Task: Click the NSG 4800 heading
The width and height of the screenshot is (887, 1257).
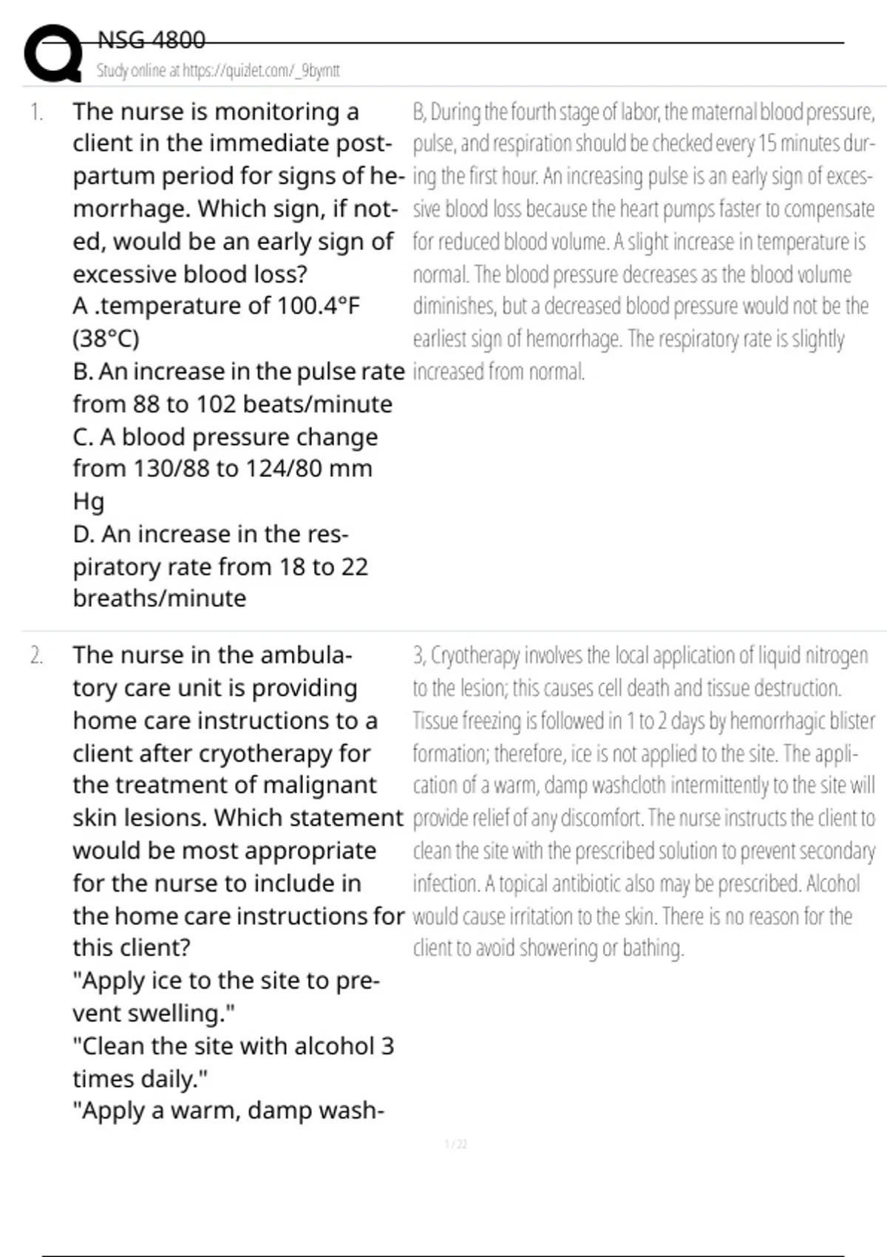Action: coord(152,40)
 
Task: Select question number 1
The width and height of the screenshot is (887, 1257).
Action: coord(36,112)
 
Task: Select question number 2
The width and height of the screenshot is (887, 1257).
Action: coord(36,656)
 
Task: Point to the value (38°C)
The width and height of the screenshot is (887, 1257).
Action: coord(106,339)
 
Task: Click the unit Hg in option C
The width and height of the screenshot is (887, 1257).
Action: coord(88,501)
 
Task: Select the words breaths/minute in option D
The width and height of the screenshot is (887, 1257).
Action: coord(159,598)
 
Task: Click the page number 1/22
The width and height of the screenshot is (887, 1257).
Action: coord(456,1145)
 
